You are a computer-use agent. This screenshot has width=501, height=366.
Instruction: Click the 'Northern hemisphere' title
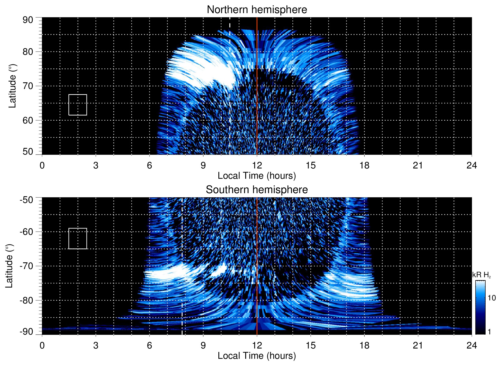click(x=257, y=10)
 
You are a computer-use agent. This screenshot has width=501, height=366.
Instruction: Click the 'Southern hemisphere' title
click(x=257, y=190)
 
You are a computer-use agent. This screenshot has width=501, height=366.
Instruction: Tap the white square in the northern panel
click(x=78, y=105)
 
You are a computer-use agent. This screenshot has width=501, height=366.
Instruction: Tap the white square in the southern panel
click(x=78, y=238)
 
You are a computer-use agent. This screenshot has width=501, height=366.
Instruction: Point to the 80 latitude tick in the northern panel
click(x=28, y=52)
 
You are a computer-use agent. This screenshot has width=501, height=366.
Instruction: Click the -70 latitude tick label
click(x=26, y=266)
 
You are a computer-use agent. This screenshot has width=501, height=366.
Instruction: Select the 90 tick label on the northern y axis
click(x=28, y=20)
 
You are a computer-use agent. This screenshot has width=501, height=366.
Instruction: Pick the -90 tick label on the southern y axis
click(x=26, y=332)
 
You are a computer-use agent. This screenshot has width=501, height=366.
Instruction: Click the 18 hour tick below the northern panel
click(x=364, y=165)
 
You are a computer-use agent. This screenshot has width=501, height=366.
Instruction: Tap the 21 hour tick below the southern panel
click(x=418, y=345)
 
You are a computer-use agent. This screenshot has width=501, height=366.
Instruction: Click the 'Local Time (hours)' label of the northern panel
click(x=257, y=176)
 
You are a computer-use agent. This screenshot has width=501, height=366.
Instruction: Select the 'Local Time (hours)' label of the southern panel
click(x=257, y=356)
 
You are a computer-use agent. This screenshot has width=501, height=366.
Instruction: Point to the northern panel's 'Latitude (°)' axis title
click(x=12, y=86)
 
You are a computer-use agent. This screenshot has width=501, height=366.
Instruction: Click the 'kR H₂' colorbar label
click(x=481, y=275)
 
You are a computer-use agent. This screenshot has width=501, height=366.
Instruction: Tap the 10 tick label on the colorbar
click(x=491, y=298)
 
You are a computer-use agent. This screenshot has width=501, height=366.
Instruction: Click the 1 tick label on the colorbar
click(x=489, y=332)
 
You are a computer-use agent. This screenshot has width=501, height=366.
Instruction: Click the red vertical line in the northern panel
click(x=257, y=103)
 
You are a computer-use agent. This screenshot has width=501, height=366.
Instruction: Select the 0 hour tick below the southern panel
click(x=42, y=345)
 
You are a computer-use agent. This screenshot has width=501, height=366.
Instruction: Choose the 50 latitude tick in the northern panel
click(x=28, y=151)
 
